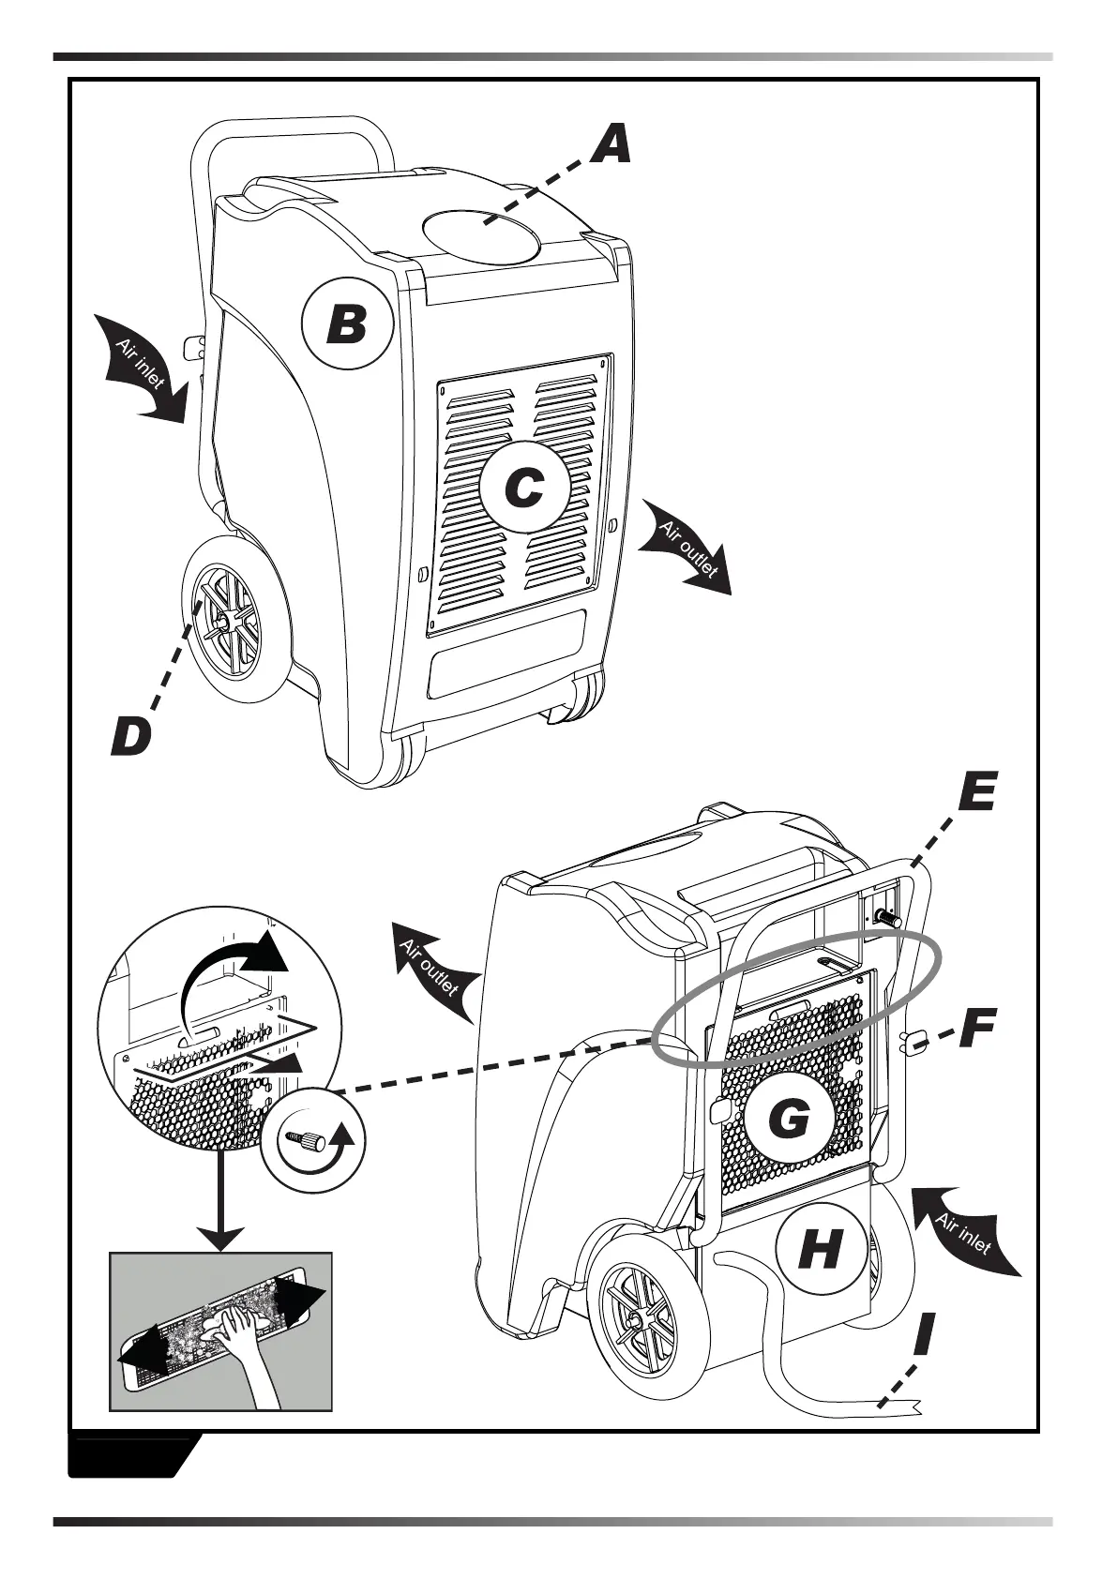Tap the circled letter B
click(x=345, y=326)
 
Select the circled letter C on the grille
click(x=523, y=488)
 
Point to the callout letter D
click(x=130, y=736)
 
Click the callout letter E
click(x=977, y=793)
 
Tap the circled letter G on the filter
click(x=789, y=1118)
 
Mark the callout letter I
click(x=924, y=1333)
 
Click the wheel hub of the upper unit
click(x=226, y=621)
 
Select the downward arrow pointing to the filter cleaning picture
click(x=221, y=1210)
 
